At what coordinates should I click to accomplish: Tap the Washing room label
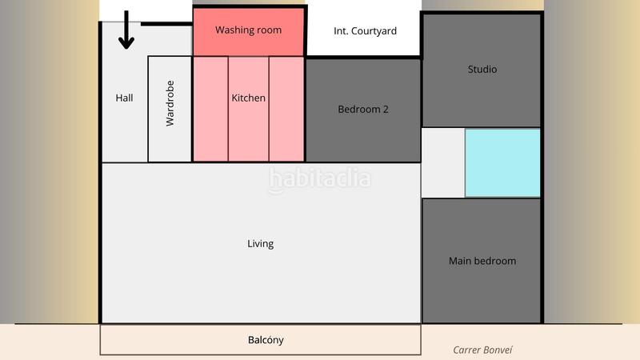click(248, 30)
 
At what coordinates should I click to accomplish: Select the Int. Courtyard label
click(365, 31)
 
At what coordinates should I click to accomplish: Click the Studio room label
click(482, 70)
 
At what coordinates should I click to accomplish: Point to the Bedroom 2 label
click(363, 110)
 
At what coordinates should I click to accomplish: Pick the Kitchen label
click(249, 98)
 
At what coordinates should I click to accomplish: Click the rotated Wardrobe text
click(170, 108)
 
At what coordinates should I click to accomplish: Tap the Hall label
click(124, 98)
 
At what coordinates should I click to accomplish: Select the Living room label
click(261, 244)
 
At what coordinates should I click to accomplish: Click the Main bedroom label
click(482, 261)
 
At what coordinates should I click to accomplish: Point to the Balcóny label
click(266, 340)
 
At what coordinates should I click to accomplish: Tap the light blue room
click(503, 162)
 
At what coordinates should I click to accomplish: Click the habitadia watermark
click(320, 178)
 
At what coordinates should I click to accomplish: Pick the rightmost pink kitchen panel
click(286, 109)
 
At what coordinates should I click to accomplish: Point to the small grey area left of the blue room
click(443, 163)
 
